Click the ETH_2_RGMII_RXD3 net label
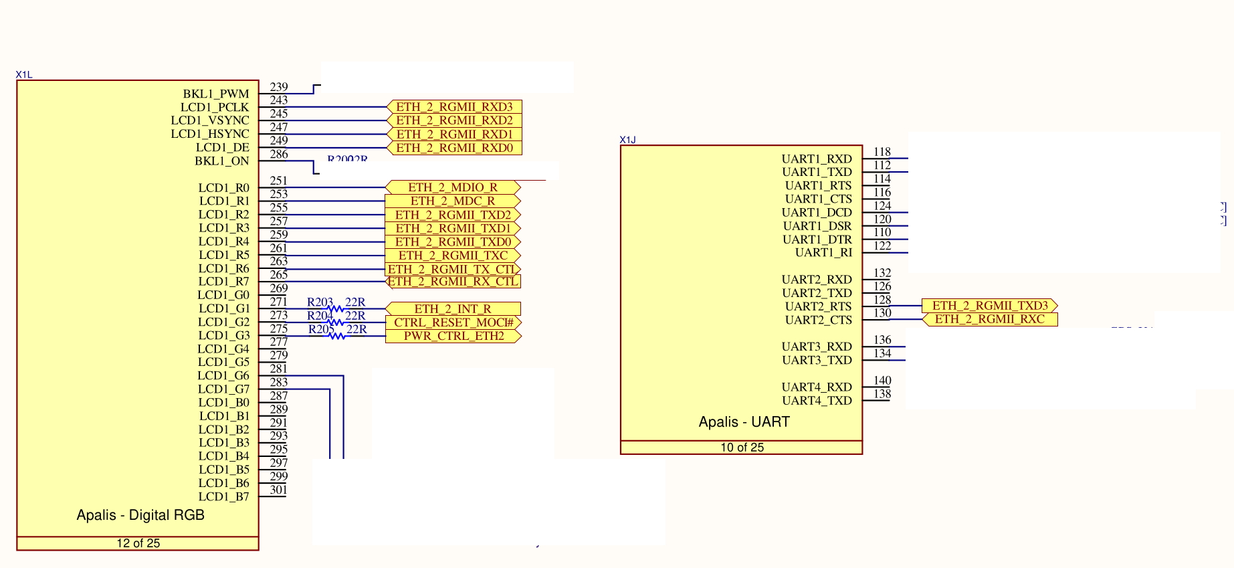pos(454,107)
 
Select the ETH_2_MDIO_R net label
pos(453,187)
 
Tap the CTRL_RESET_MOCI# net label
pos(453,322)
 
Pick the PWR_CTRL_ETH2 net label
pos(453,336)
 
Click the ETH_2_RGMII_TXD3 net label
pos(990,306)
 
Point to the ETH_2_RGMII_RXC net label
pos(990,319)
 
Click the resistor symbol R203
pos(336,309)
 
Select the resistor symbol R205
pos(337,336)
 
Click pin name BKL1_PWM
pos(215,94)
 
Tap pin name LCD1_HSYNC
pos(209,134)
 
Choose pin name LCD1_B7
pos(223,496)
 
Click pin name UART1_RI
pos(823,252)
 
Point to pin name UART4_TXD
pos(817,400)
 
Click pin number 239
pos(279,87)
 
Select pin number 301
pos(279,489)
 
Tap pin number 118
pos(882,152)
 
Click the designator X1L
pos(24,75)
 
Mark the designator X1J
pos(627,140)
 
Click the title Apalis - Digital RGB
pos(140,515)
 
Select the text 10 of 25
pos(742,448)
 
